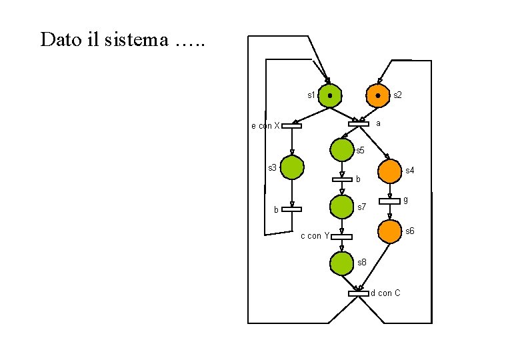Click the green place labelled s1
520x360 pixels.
pos(330,96)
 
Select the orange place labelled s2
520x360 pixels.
pos(378,96)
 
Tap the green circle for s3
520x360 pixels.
pos(292,168)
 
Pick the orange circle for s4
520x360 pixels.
pos(389,171)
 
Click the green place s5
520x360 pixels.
pos(341,149)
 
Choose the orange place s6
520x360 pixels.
pos(389,231)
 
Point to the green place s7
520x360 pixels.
pos(341,206)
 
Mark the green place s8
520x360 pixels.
pos(341,263)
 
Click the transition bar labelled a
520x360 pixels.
pos(359,124)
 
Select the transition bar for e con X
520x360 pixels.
pos(291,125)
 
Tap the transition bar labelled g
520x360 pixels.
pos(389,201)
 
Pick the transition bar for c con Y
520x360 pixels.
pos(341,236)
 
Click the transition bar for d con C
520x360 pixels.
pos(358,293)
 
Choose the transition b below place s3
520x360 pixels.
pos(291,209)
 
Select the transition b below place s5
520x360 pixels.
pos(341,179)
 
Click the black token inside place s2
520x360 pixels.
pos(378,96)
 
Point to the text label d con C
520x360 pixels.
pos(385,293)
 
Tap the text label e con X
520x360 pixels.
pos(265,125)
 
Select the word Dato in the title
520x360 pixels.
pos(58,40)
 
